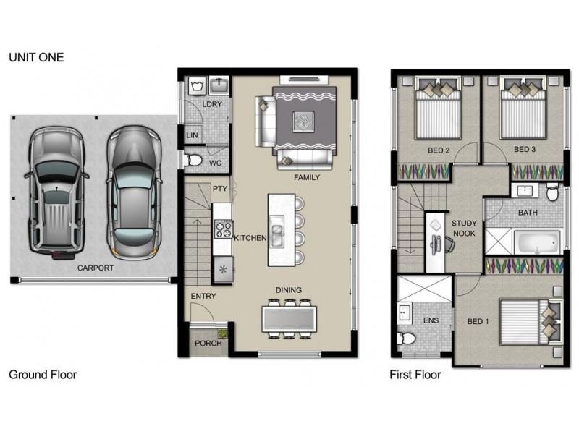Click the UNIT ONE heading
click(36, 57)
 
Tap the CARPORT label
click(96, 268)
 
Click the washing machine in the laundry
click(197, 86)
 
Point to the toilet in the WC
click(193, 161)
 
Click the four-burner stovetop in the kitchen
click(223, 229)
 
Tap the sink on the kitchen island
click(276, 231)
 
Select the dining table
click(289, 318)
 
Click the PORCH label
click(208, 343)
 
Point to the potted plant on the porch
click(222, 333)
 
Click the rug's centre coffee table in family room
click(303, 122)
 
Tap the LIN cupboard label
click(192, 135)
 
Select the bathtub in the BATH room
click(537, 242)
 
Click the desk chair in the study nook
click(449, 244)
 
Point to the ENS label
click(431, 320)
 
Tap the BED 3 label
click(524, 150)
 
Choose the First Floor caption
click(415, 375)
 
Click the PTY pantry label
click(220, 189)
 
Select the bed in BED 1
click(531, 322)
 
